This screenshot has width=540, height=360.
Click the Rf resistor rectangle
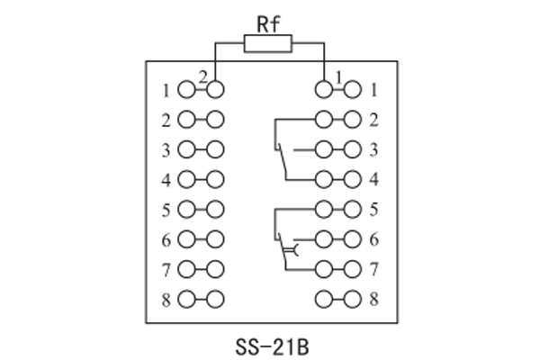[x=268, y=43]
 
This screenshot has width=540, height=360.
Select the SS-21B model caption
[x=269, y=344]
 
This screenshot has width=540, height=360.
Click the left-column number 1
[x=166, y=89]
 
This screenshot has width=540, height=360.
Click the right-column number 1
[x=373, y=89]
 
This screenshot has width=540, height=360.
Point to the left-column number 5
[x=166, y=210]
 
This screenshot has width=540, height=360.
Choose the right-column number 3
[x=373, y=149]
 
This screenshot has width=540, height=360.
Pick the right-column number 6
[x=373, y=239]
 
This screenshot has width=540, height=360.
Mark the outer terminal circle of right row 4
[x=353, y=179]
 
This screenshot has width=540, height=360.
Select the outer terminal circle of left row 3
[x=186, y=149]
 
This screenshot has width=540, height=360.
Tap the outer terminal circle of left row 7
[x=186, y=269]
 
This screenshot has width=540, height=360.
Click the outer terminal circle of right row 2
[x=353, y=119]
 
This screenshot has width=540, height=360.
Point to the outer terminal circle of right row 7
[x=353, y=269]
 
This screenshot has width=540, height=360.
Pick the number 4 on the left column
[x=166, y=179]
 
